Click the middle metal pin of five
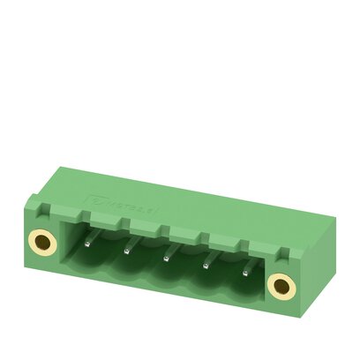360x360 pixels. point(166,256)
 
